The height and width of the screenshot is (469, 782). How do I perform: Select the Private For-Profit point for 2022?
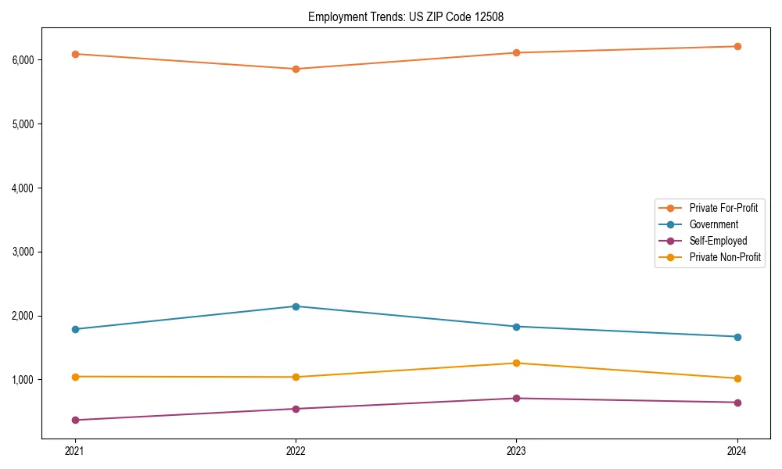(296, 69)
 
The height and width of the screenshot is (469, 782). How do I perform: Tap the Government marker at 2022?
(296, 306)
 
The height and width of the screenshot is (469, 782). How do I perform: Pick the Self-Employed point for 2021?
(75, 421)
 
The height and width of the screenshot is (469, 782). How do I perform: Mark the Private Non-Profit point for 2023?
(516, 363)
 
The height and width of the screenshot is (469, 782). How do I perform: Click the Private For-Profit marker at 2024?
(737, 46)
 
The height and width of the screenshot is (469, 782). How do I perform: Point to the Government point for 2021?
(75, 329)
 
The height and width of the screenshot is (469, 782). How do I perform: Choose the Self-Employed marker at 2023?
(516, 399)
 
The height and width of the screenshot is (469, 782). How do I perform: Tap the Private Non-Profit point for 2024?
(737, 378)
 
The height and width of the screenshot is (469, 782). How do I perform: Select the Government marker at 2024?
(737, 337)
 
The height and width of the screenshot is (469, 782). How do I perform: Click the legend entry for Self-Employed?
(718, 241)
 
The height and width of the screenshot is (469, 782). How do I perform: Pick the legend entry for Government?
(713, 224)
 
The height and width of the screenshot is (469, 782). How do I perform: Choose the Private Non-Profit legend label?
(725, 257)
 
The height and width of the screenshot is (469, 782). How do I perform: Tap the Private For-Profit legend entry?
(723, 208)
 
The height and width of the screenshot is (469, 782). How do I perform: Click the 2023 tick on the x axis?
(516, 451)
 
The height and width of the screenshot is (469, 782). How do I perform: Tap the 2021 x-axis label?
(75, 451)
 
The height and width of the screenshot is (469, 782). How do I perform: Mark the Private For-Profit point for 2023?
(516, 52)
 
